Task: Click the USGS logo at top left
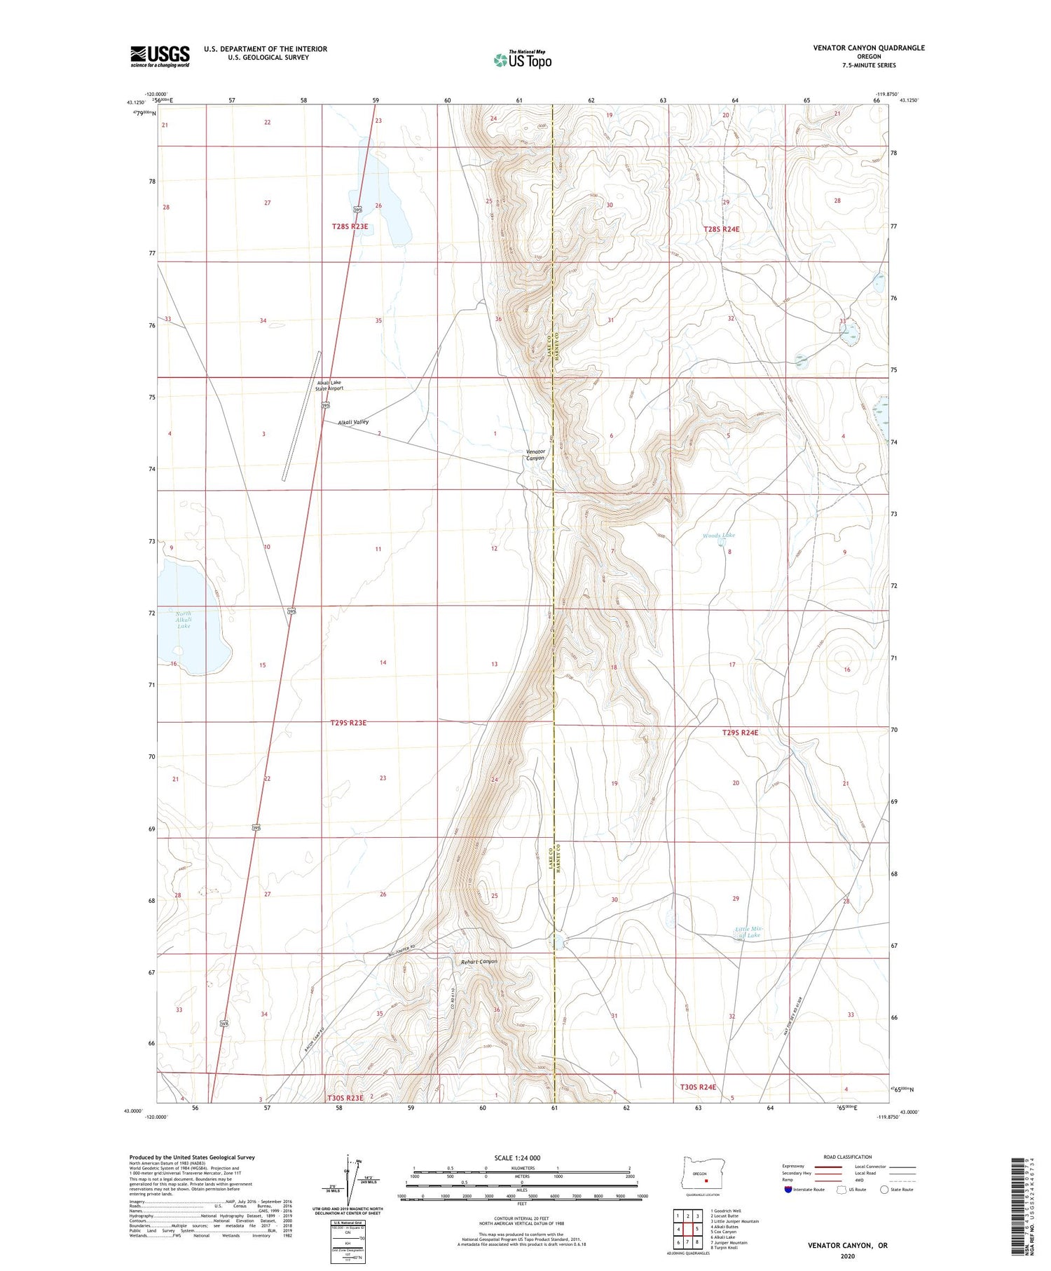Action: coord(160,56)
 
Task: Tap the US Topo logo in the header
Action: coord(522,60)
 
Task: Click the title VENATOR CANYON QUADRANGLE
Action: coord(868,48)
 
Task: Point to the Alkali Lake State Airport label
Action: coord(329,386)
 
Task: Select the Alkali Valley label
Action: coord(352,422)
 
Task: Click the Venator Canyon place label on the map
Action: coord(535,455)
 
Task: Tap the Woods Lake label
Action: coord(718,536)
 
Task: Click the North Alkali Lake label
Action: coord(183,620)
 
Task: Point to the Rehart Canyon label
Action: coord(479,962)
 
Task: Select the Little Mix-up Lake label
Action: coord(748,932)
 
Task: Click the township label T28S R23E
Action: coord(350,226)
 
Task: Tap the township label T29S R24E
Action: coord(740,733)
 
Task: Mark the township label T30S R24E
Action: coord(698,1087)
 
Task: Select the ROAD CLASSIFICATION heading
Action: coord(848,1157)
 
